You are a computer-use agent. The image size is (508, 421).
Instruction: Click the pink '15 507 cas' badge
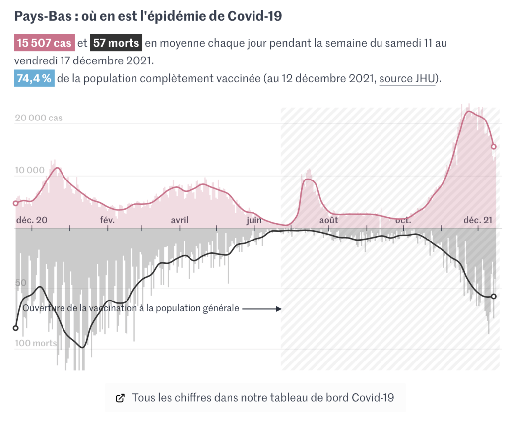(44, 43)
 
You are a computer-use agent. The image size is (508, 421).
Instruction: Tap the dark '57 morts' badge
(116, 43)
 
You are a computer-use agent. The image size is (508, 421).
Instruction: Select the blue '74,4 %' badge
(34, 79)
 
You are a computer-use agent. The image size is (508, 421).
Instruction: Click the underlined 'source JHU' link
(407, 79)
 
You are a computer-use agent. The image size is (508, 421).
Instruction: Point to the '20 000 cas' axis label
(39, 118)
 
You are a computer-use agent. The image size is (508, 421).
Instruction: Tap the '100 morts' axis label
(36, 343)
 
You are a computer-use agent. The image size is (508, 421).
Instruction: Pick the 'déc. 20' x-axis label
(32, 220)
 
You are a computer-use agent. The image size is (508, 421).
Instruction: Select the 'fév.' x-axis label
(107, 220)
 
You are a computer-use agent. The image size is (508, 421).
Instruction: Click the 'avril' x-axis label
(180, 220)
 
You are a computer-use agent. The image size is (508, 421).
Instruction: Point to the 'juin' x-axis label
(254, 220)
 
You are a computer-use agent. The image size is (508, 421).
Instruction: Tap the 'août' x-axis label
(328, 220)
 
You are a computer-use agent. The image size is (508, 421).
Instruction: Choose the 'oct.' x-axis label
(403, 220)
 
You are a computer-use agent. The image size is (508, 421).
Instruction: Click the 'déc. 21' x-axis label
(478, 220)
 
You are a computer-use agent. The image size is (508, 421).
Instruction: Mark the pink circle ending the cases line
(494, 147)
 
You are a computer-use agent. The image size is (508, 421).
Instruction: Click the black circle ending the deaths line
(494, 296)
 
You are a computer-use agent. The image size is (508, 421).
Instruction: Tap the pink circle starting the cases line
(15, 203)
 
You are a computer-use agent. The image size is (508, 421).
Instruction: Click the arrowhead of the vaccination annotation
(279, 308)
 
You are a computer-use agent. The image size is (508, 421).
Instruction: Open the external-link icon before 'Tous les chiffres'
(120, 398)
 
